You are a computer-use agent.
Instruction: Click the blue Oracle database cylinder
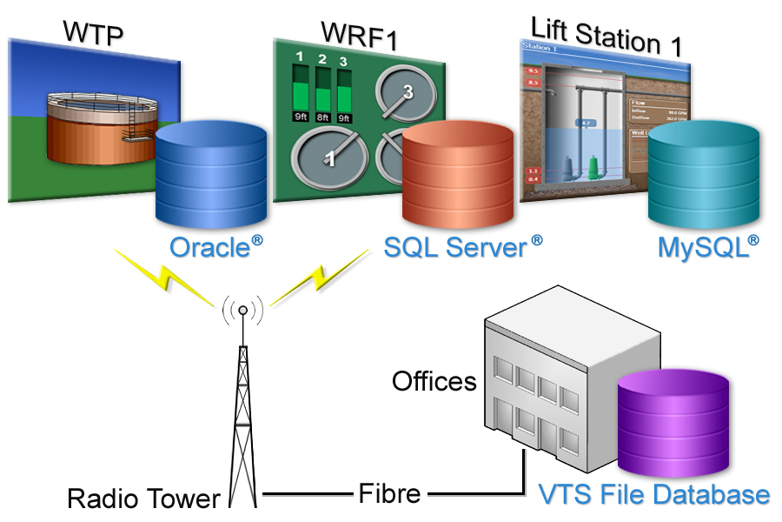(x=211, y=174)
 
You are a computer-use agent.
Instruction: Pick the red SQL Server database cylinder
(x=457, y=174)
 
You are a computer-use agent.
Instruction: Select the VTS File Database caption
(x=653, y=495)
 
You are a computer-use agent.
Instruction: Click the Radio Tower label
(x=144, y=499)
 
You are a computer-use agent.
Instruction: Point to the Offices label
(x=434, y=381)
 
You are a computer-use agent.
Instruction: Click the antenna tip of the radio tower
(x=243, y=310)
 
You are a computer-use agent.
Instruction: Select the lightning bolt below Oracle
(x=165, y=275)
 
